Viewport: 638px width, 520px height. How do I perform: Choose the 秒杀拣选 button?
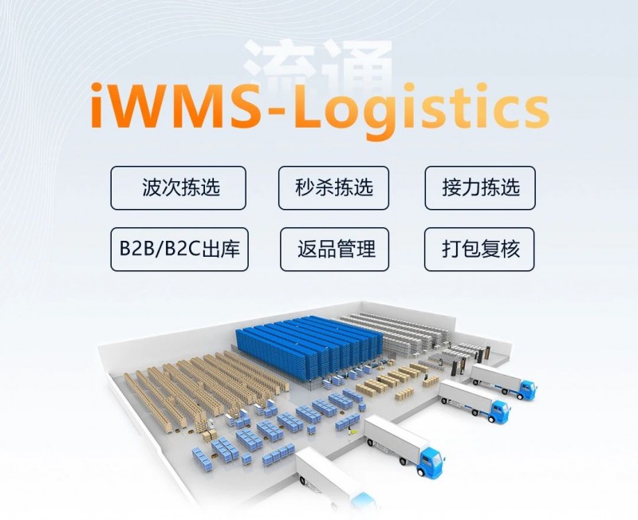[334, 187]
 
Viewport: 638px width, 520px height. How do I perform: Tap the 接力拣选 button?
[480, 187]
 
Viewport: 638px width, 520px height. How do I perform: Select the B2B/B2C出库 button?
[179, 249]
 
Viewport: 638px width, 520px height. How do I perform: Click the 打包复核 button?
[480, 249]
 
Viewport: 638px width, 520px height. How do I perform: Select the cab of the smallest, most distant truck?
[526, 389]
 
